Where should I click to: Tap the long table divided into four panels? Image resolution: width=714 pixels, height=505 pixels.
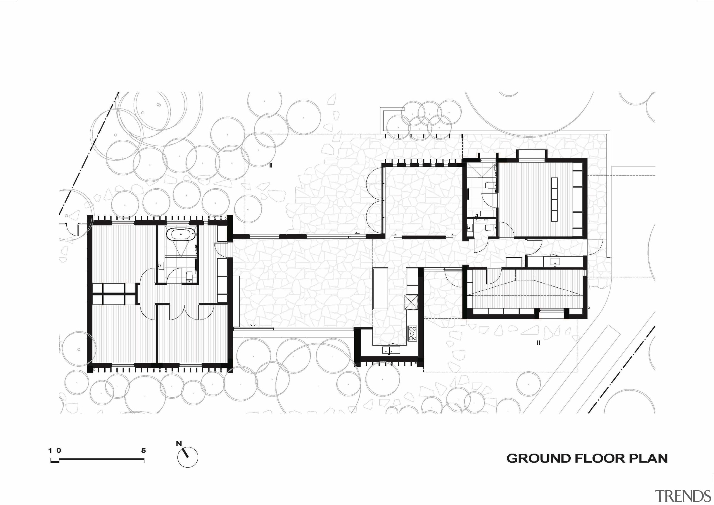tap(554, 199)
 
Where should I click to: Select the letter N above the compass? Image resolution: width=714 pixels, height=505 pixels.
tap(179, 443)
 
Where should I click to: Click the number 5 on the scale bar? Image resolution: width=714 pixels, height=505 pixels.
tap(143, 450)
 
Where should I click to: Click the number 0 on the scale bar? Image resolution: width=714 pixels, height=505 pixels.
tap(59, 450)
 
